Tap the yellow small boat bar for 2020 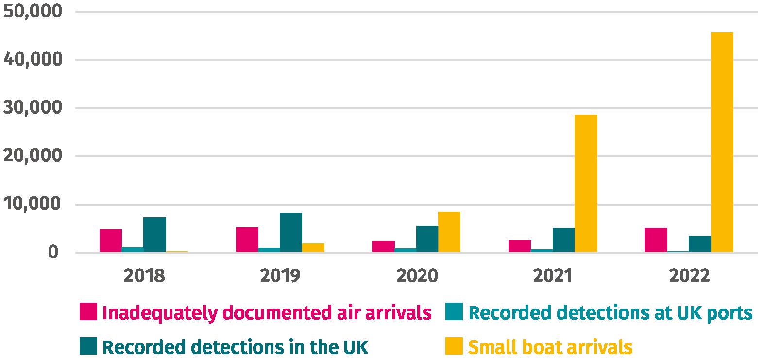point(449,232)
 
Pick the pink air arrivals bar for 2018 point(111,240)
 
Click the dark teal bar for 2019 point(291,232)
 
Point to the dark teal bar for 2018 point(154,235)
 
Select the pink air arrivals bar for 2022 point(656,240)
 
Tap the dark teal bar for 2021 point(563,240)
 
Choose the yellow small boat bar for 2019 point(313,248)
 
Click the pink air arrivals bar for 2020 point(383,246)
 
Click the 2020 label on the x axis point(417,276)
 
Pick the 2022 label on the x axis point(689,276)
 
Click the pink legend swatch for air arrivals point(88,312)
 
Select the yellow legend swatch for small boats point(454,346)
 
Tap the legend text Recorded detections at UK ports point(611,313)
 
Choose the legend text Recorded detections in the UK point(236,347)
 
